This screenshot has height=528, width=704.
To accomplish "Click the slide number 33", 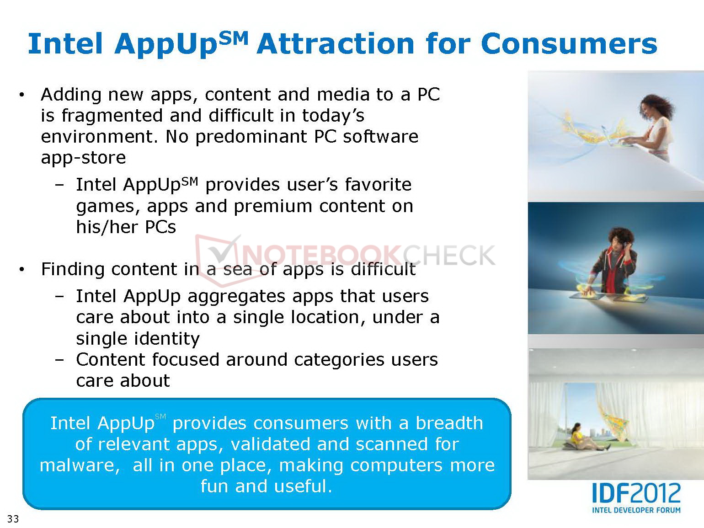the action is click(13, 518).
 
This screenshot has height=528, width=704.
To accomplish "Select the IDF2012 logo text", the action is click(636, 493).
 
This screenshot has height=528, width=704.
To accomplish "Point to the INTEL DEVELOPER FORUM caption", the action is click(636, 510).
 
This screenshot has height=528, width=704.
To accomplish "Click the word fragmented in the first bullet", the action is click(112, 116).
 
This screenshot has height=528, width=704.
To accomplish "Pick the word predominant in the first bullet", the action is click(251, 137).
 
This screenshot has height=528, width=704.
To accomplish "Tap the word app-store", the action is click(83, 158).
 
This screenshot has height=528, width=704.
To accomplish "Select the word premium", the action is click(273, 207).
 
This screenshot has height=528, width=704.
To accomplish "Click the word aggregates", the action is click(236, 297).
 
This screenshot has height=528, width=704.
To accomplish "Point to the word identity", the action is click(166, 339).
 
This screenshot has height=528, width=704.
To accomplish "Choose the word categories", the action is click(339, 360).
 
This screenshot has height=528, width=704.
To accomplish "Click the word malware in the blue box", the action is click(80, 465).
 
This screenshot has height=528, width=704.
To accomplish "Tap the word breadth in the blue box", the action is click(449, 423).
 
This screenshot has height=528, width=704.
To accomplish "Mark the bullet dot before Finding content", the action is click(21, 270).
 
